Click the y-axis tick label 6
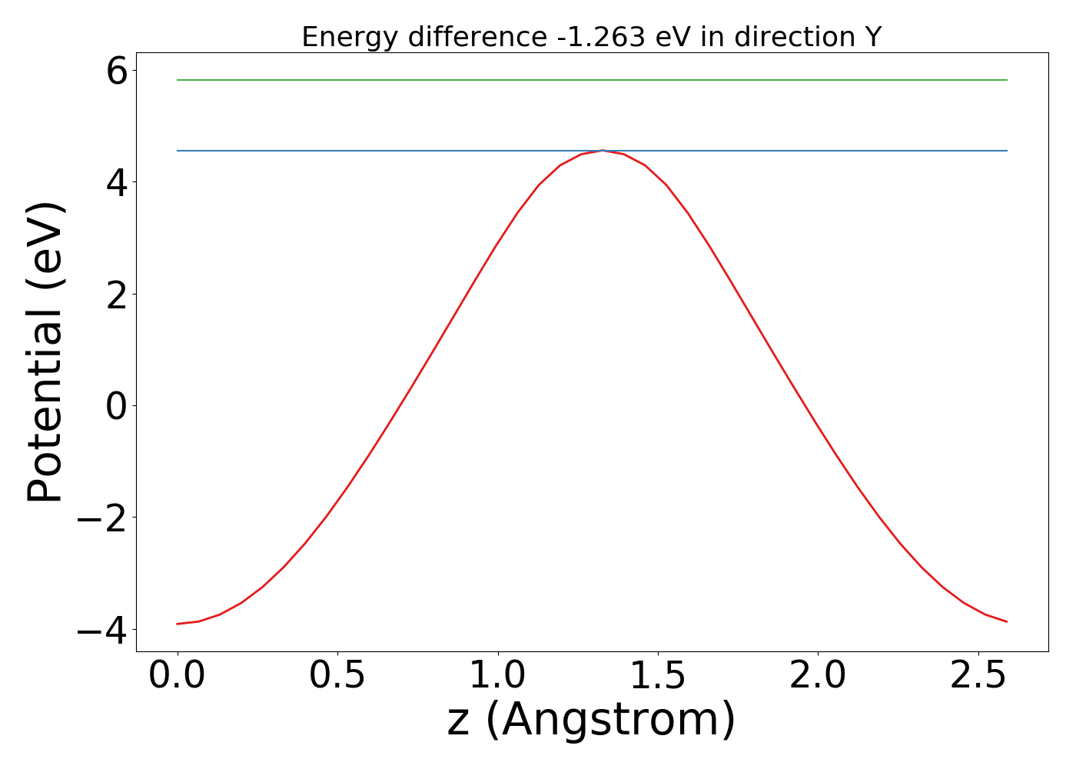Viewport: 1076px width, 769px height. point(117,73)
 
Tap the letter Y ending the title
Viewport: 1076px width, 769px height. point(872,37)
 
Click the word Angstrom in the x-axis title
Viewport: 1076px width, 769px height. point(610,721)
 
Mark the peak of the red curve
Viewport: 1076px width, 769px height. point(603,150)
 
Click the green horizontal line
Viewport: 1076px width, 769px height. point(592,80)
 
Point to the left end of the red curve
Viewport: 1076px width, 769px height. point(178,624)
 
